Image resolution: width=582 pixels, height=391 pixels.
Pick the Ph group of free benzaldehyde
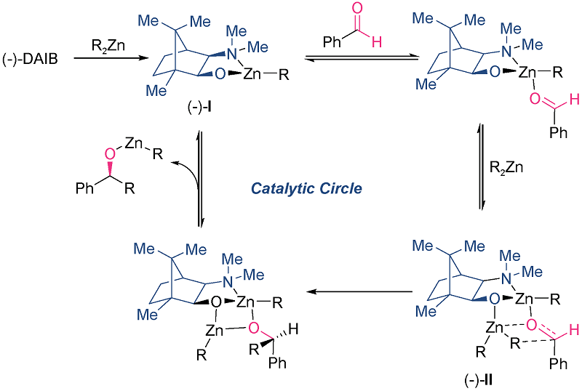pos(332,43)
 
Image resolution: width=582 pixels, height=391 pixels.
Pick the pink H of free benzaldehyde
pos(396,43)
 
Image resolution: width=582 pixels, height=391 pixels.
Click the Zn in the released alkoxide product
pos(131,145)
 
